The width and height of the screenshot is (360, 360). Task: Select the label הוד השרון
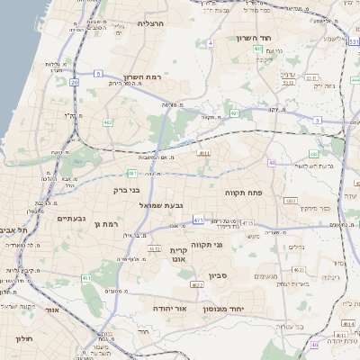(x=260, y=38)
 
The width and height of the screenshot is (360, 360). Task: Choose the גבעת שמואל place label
(x=162, y=205)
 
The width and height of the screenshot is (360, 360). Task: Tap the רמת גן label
(x=104, y=223)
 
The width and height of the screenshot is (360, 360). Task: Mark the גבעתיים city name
(x=70, y=218)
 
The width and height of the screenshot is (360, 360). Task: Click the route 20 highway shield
(x=74, y=83)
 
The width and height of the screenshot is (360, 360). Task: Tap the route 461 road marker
(x=87, y=280)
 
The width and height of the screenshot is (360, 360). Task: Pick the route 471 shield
(x=197, y=219)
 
